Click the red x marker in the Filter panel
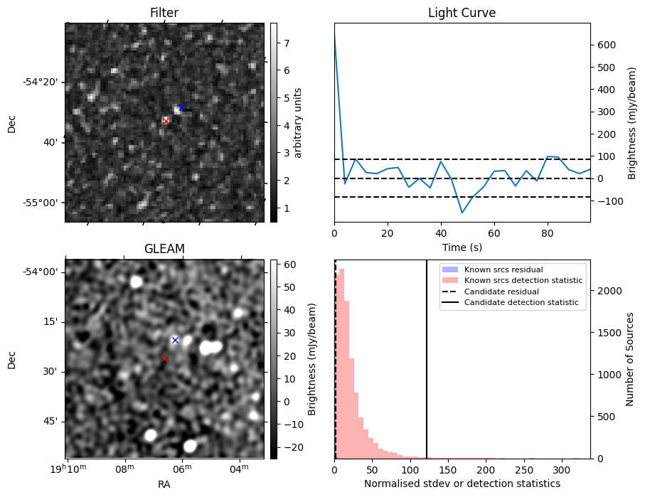166,121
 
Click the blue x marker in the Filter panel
181,107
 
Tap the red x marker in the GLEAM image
164,358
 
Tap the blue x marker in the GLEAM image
175,340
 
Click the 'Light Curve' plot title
462,14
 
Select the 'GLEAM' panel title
164,249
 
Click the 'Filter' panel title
164,14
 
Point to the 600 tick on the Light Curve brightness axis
605,45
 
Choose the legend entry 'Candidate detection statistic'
521,303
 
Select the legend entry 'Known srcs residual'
503,269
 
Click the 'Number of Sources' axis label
629,359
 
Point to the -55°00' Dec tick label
42,203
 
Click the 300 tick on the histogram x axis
562,470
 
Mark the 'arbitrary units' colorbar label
298,122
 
